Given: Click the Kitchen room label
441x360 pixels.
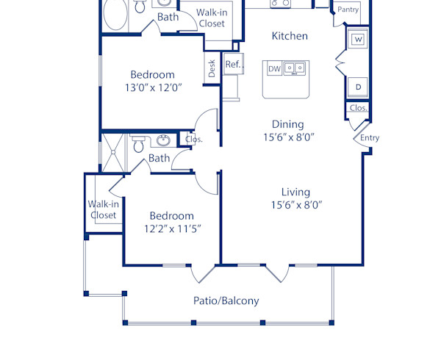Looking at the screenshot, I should pyautogui.click(x=290, y=36).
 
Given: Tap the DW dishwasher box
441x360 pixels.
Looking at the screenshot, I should pyautogui.click(x=274, y=69).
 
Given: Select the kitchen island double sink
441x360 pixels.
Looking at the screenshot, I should pyautogui.click(x=295, y=69).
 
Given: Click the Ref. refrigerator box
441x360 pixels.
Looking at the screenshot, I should pyautogui.click(x=233, y=65).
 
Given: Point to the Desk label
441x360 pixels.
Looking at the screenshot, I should pyautogui.click(x=212, y=68).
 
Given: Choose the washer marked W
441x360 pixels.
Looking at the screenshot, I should pyautogui.click(x=358, y=39).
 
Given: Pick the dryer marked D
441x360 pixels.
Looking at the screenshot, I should pyautogui.click(x=358, y=87).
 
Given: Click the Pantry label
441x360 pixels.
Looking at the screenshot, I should pyautogui.click(x=348, y=10).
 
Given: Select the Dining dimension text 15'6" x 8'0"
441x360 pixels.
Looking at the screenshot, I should pyautogui.click(x=288, y=137).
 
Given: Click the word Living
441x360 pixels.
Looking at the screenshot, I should pyautogui.click(x=295, y=192).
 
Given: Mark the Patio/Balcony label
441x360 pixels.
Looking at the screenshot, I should pyautogui.click(x=226, y=300).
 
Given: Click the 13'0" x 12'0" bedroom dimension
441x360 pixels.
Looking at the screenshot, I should pyautogui.click(x=152, y=87).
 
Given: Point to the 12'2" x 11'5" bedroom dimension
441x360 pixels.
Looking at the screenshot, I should pyautogui.click(x=172, y=228).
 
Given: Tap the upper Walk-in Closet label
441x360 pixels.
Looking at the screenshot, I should pyautogui.click(x=210, y=18).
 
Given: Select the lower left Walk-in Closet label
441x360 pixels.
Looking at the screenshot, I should pyautogui.click(x=103, y=209).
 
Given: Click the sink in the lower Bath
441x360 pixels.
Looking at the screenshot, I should pyautogui.click(x=164, y=140).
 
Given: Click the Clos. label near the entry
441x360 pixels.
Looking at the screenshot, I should pyautogui.click(x=358, y=108).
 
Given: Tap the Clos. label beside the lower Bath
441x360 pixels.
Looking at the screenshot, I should pyautogui.click(x=194, y=139).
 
